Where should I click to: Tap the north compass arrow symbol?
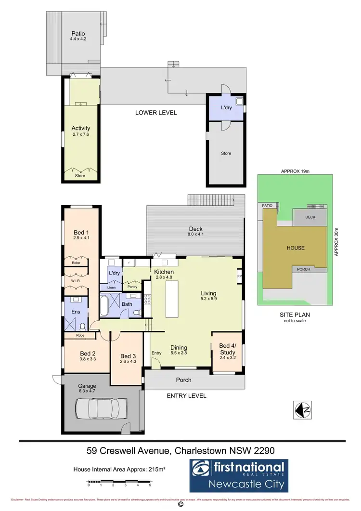(303, 410)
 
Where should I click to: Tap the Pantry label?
(133, 287)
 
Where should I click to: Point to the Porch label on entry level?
(183, 380)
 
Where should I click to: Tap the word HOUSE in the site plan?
(296, 248)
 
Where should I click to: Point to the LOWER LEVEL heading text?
(156, 112)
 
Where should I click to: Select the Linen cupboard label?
(111, 288)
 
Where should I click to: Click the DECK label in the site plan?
(310, 217)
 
